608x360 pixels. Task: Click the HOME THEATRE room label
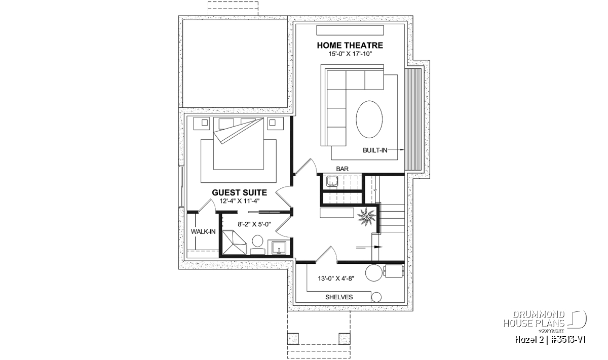pos(350,45)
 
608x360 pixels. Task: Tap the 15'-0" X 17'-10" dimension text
pos(350,54)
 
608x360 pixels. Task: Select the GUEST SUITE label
pos(239,192)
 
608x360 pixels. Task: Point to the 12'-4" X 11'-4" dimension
pos(240,202)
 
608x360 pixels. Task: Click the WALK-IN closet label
pos(203,232)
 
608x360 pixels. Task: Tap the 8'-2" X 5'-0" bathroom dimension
pos(254,224)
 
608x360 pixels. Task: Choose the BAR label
pos(343,169)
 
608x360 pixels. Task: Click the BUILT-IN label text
pos(375,150)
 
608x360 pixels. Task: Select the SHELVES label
pos(339,297)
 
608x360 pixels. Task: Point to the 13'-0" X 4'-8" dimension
pos(336,278)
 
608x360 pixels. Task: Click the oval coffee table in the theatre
pos(369,119)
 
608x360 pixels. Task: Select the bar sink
pos(332,181)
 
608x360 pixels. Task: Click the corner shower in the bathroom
pos(234,243)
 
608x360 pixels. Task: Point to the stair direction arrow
pos(369,247)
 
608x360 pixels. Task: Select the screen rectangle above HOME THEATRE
pos(350,30)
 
